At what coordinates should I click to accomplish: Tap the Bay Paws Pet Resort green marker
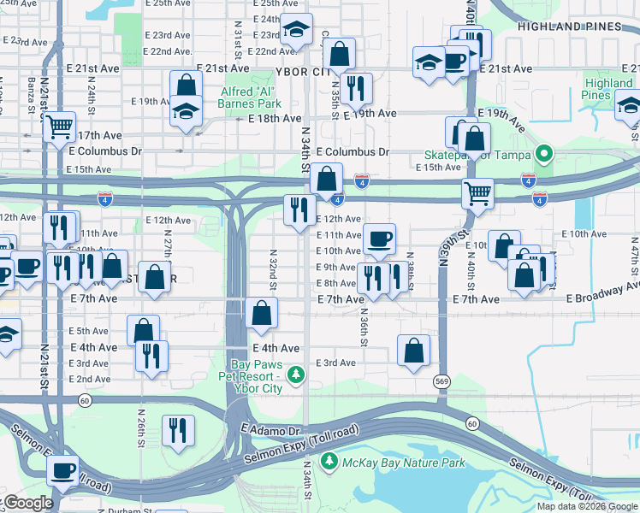coord(296,374)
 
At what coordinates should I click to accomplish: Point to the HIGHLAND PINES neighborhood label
coord(569,27)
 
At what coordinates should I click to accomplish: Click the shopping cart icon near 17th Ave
coord(59,127)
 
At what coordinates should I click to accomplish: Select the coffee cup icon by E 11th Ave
coord(379,238)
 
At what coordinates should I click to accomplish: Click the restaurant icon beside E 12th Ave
coord(299,209)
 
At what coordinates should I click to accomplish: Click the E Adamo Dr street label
coord(272,429)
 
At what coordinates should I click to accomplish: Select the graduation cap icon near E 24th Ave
coord(296,30)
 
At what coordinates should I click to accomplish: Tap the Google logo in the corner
coord(27,503)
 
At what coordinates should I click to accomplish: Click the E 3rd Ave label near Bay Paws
coord(335,363)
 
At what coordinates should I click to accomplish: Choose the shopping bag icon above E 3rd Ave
coord(413,351)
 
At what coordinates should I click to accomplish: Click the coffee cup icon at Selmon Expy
coord(62,469)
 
